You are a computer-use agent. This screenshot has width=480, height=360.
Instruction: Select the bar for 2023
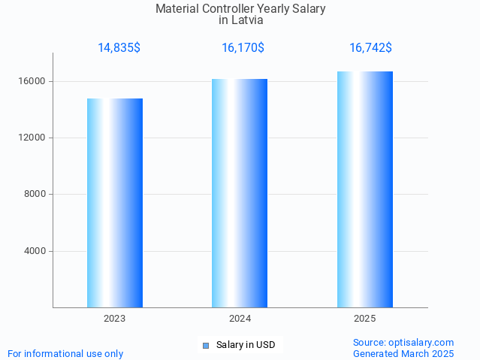point(115,203)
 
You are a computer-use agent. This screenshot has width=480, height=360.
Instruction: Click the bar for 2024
point(240,193)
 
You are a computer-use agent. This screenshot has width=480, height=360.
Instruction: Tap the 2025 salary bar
point(365,189)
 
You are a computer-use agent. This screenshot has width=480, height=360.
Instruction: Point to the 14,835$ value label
point(119,48)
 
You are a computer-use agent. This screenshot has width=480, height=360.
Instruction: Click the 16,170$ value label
point(243,48)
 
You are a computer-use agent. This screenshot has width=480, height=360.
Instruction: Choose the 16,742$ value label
point(370,48)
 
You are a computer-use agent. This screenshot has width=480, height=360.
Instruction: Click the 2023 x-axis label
point(115,319)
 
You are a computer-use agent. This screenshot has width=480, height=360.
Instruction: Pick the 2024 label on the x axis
point(240,319)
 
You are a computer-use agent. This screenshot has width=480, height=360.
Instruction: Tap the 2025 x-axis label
point(365,319)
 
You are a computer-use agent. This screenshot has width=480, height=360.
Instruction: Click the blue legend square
point(206,346)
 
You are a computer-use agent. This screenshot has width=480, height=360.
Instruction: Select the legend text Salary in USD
point(246,346)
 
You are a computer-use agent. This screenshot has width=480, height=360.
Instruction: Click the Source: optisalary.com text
point(403,343)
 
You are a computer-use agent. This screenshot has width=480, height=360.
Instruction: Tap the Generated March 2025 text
point(403,353)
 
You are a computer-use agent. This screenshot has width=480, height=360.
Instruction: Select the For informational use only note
point(65,353)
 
